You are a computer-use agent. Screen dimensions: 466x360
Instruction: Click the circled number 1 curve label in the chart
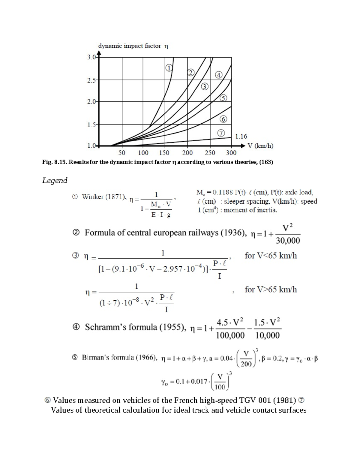(169, 68)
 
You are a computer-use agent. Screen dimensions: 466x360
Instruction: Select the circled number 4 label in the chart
(219, 75)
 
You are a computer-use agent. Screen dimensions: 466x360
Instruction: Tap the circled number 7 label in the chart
(221, 133)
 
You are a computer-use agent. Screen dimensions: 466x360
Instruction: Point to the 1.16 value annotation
(241, 137)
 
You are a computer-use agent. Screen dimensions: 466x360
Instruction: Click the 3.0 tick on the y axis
(91, 57)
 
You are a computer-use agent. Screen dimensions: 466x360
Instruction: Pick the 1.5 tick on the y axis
(91, 125)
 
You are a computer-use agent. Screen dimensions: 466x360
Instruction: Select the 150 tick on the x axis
(164, 153)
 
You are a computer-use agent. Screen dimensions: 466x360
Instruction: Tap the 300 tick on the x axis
(231, 153)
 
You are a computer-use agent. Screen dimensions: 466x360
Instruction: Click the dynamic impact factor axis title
(133, 46)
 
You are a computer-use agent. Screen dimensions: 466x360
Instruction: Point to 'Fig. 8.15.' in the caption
(55, 162)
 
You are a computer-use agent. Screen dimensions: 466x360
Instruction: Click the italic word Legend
(55, 180)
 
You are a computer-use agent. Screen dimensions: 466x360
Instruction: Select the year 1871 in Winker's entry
(116, 197)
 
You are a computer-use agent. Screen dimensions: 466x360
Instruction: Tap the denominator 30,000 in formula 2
(288, 241)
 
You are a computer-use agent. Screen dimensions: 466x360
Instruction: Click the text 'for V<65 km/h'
(271, 256)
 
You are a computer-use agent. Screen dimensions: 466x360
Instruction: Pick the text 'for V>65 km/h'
(271, 290)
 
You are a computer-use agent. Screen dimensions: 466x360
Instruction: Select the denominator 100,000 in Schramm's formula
(230, 335)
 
